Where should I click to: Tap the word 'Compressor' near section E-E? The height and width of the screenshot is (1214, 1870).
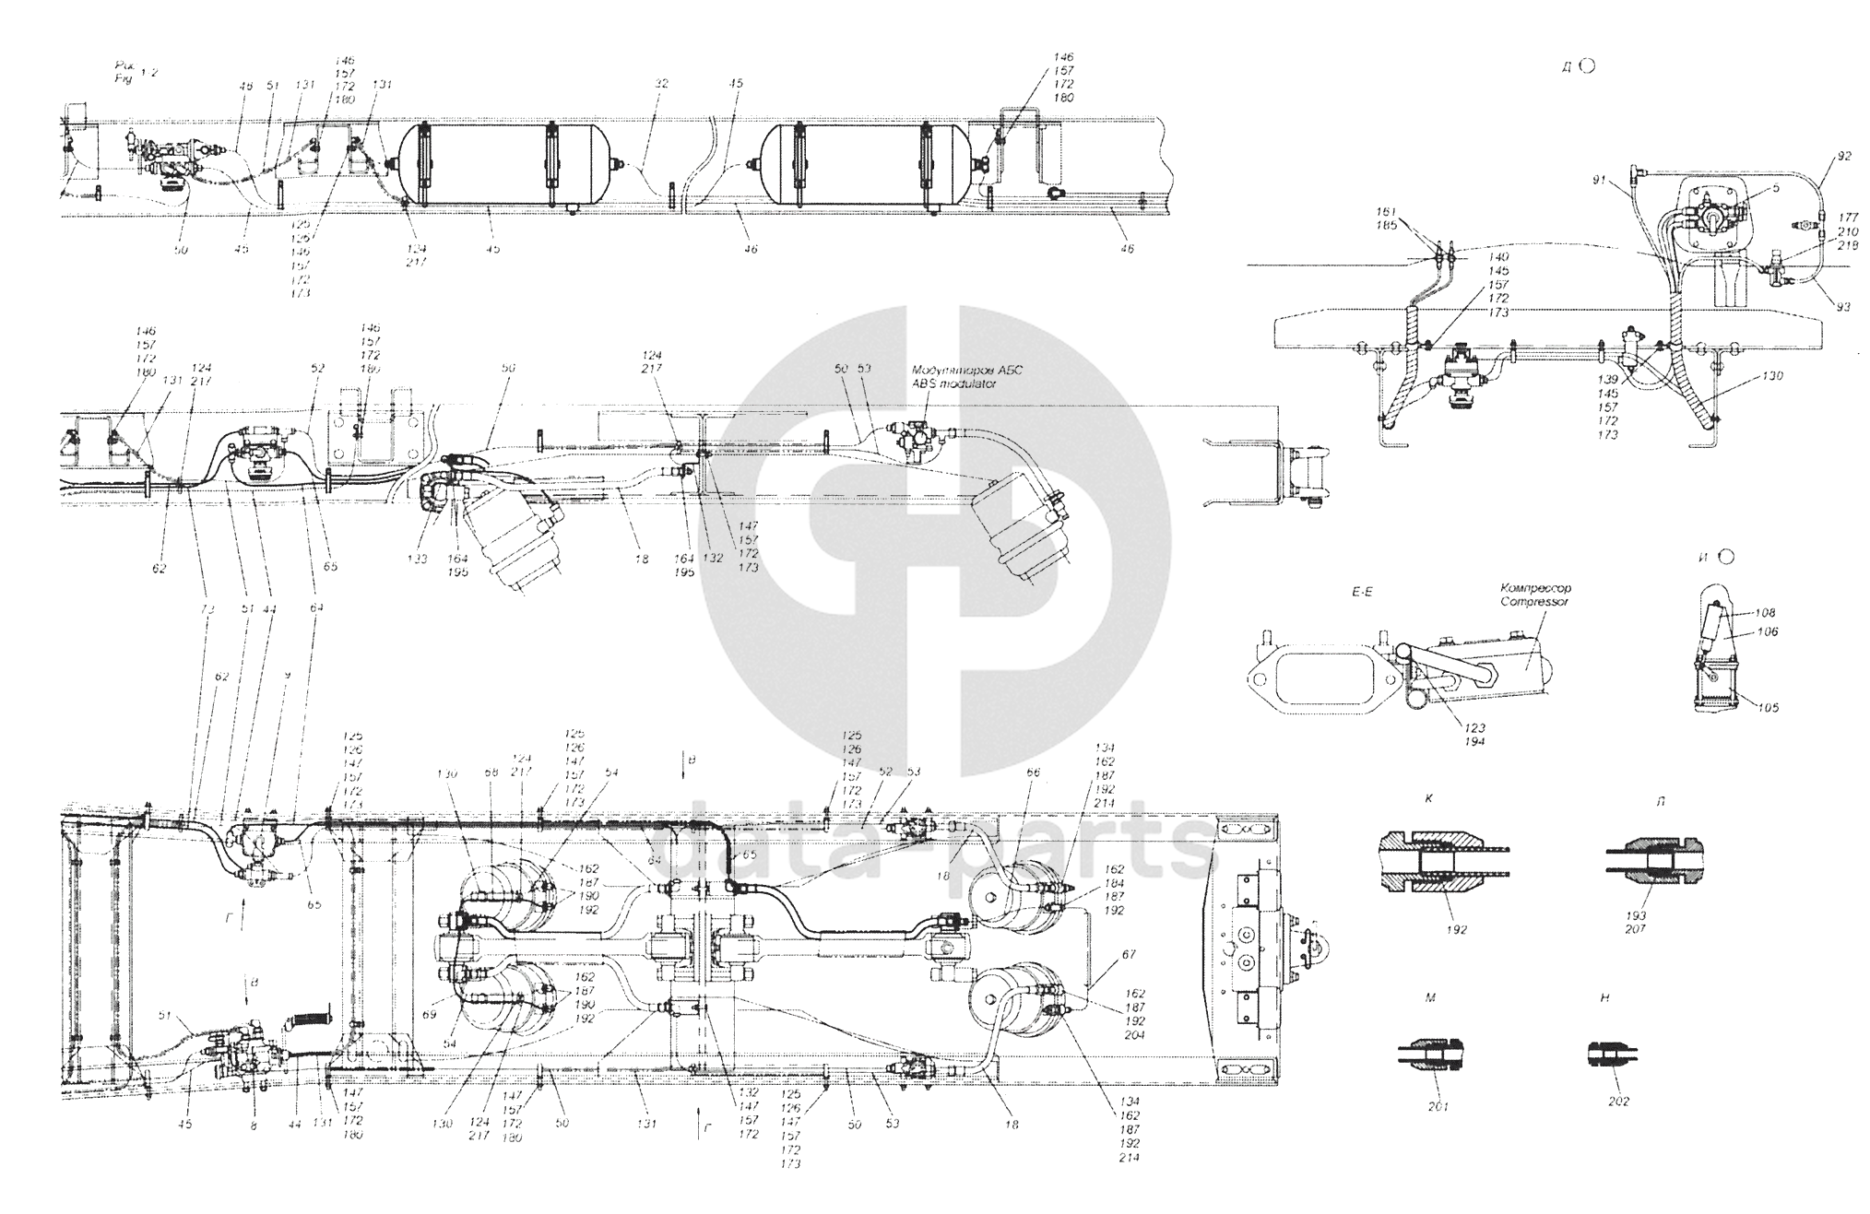point(1536,601)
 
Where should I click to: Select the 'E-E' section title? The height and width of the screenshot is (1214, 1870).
point(1361,592)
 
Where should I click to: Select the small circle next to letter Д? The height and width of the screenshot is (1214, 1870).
point(1588,65)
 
